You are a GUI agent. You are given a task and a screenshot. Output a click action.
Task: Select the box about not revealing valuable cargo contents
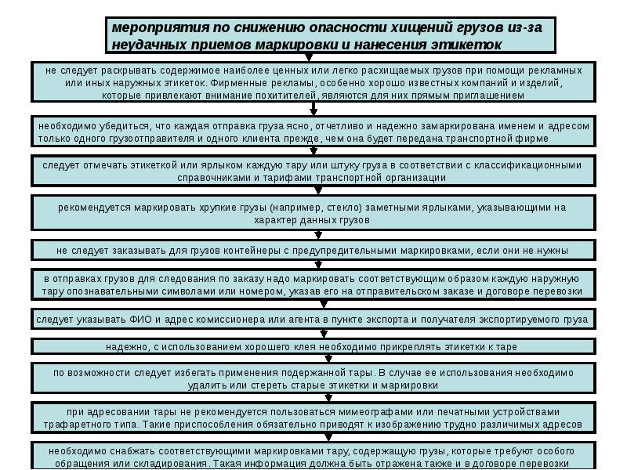point(313,81)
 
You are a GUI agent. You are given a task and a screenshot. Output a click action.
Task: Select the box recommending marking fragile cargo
point(313,213)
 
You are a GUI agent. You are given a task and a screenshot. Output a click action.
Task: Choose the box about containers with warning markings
point(313,251)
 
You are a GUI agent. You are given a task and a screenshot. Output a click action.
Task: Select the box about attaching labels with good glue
point(313,346)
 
